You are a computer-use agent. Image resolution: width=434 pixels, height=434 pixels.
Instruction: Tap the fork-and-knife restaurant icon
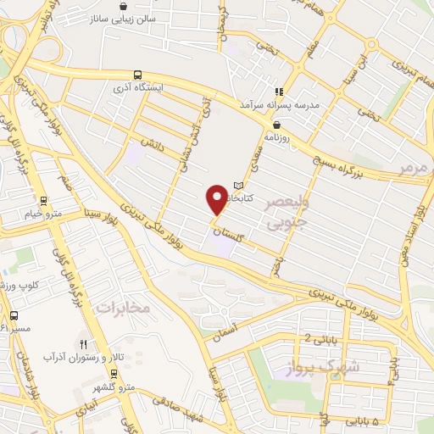coord(83,344)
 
